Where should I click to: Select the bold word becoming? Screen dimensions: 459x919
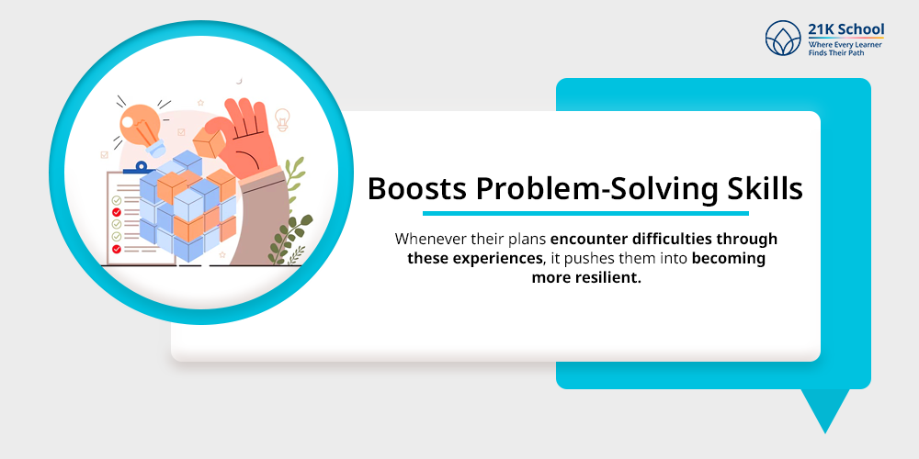point(729,258)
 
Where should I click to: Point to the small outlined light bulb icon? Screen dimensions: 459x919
point(282,118)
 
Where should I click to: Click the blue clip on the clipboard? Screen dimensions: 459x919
point(139,168)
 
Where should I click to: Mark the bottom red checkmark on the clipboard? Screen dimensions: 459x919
point(117,248)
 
